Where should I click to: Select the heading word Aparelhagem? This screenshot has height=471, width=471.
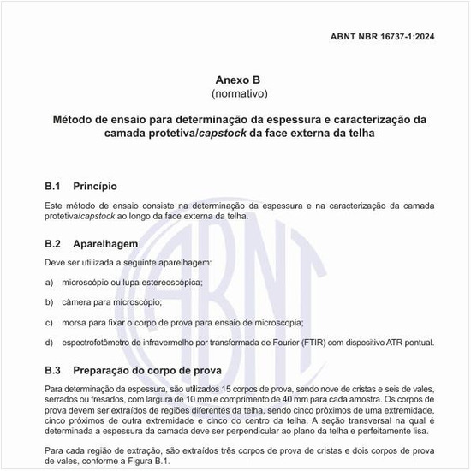point(106,243)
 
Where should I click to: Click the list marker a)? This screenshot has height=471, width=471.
point(49,282)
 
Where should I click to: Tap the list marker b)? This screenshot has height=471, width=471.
point(49,302)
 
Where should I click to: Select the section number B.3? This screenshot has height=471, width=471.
point(54,371)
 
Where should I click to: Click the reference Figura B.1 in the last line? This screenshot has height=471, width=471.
point(150,460)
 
